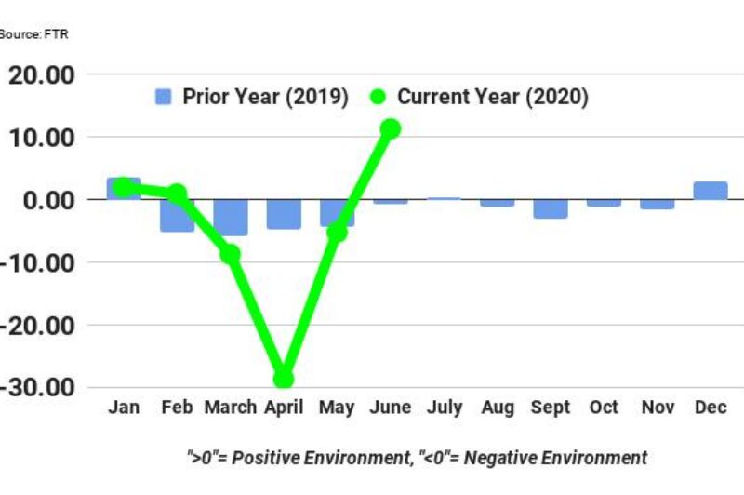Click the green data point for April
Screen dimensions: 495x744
(x=283, y=379)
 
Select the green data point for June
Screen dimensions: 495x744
(x=390, y=128)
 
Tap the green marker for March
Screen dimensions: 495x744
(x=231, y=253)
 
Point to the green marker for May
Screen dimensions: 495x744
(x=337, y=232)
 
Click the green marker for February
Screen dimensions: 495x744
(x=177, y=194)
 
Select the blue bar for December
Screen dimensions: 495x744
(x=711, y=191)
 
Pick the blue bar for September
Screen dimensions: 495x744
(x=551, y=208)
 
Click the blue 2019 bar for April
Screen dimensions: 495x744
(x=284, y=214)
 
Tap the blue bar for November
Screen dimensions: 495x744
(x=657, y=204)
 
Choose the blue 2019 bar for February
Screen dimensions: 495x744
(x=177, y=216)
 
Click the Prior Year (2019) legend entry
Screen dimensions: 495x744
(x=251, y=97)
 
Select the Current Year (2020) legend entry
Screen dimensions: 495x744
(x=478, y=97)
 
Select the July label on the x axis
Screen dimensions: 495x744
(x=444, y=408)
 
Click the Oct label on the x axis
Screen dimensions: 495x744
(x=604, y=408)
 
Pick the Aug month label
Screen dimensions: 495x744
(x=497, y=408)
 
